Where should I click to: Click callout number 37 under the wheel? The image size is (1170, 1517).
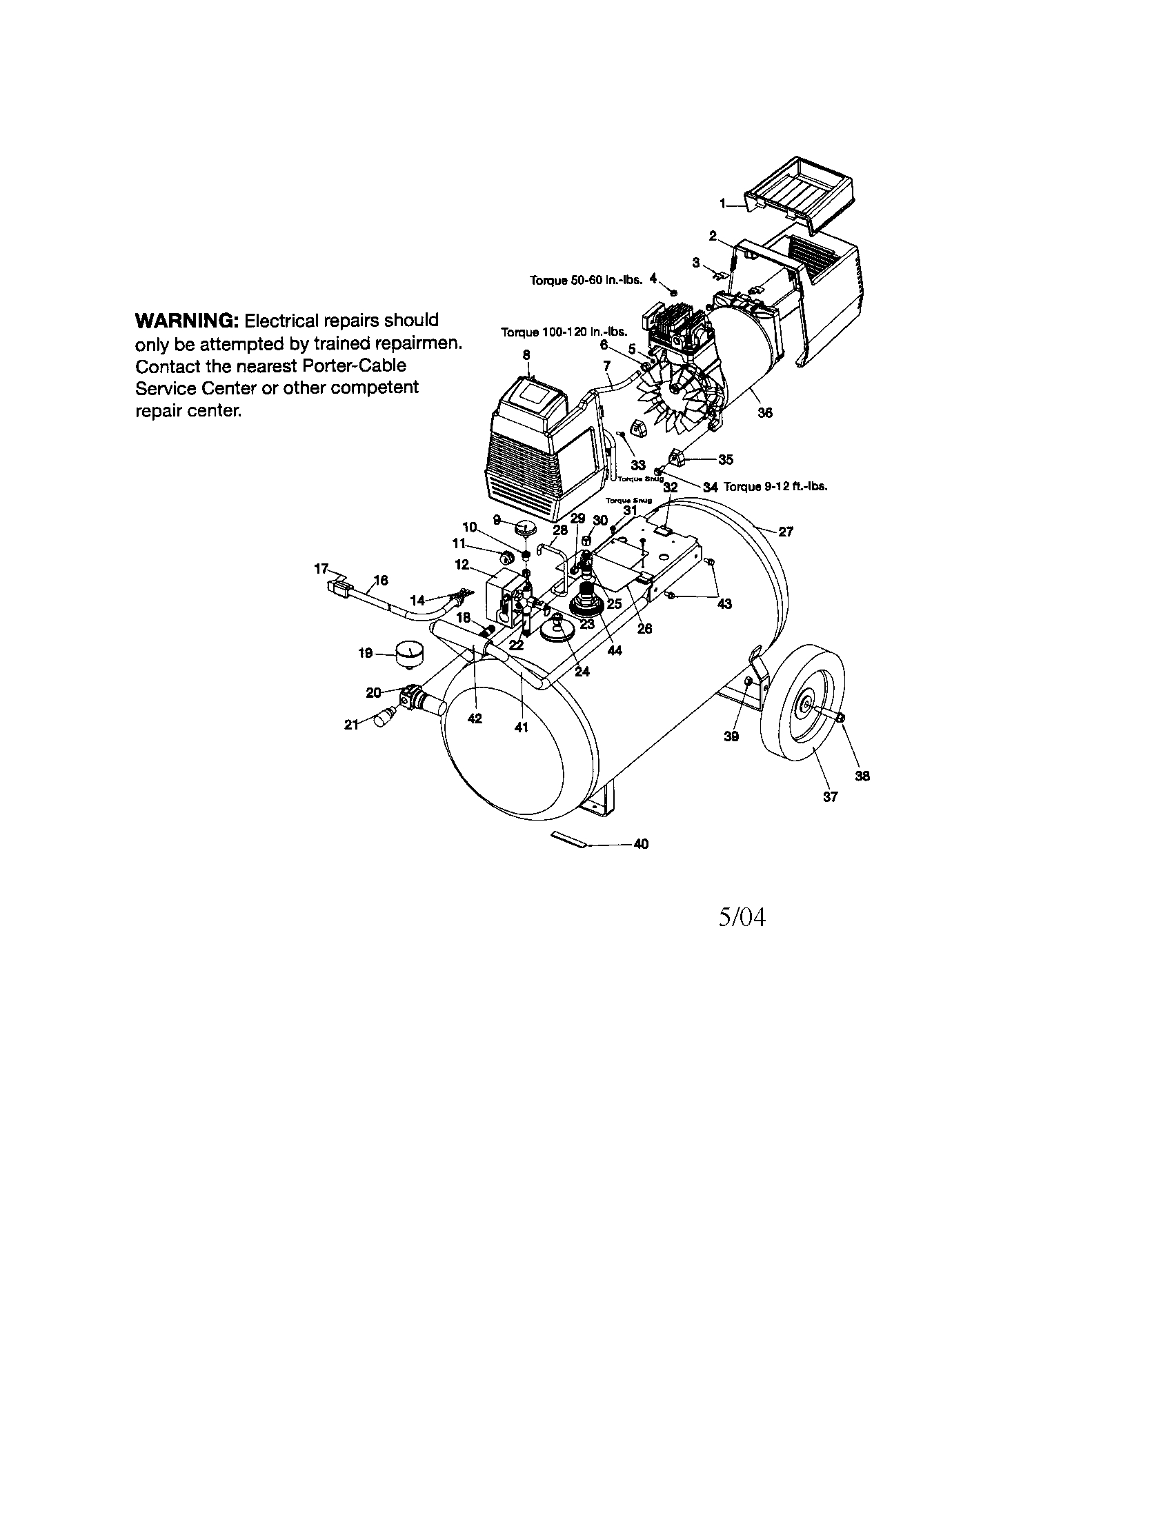point(831,797)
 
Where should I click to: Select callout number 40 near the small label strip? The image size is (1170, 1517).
point(642,845)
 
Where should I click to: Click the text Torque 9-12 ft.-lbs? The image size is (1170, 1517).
point(775,487)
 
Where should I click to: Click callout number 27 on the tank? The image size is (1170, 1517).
point(785,532)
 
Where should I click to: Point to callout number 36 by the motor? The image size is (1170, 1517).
point(764,412)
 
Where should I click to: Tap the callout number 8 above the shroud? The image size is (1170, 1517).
point(526,355)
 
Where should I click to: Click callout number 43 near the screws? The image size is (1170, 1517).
point(724,604)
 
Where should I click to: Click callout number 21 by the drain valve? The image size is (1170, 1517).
point(353,725)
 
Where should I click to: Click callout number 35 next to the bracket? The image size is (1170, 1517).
point(725,459)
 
